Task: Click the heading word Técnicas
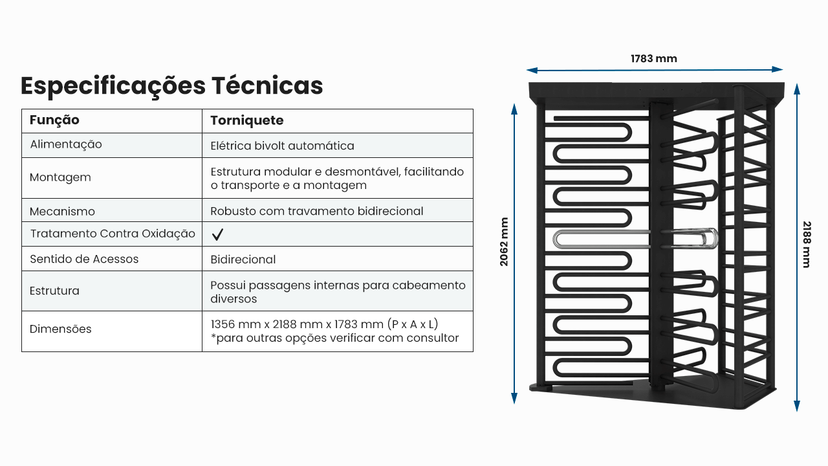[x=267, y=85]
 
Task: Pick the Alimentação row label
[x=66, y=144]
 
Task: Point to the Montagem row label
[x=60, y=178]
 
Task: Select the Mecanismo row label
[x=62, y=212]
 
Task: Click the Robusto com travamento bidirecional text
[x=317, y=211]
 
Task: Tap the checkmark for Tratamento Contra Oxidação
[x=217, y=234]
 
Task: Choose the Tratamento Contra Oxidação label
[x=113, y=234]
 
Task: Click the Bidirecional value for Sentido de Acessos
[x=243, y=260]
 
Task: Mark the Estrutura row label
[x=54, y=291]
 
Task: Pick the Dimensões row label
[x=60, y=329]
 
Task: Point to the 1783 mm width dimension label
[x=653, y=58]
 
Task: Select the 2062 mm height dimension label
[x=504, y=242]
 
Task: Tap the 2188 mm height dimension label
[x=807, y=245]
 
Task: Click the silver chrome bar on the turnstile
[x=635, y=239]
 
